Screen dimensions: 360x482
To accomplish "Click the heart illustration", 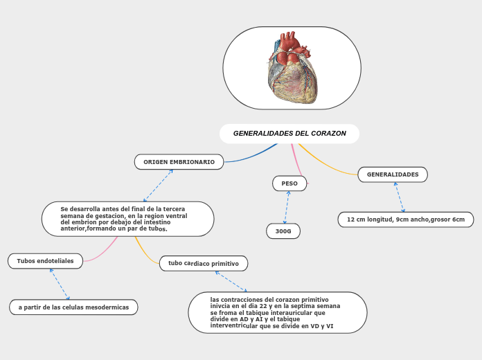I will point(292,69).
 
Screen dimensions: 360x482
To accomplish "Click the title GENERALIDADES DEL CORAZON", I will point(289,133).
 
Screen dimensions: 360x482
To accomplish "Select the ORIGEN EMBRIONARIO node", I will point(179,162).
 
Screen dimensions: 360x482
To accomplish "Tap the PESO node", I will point(289,183).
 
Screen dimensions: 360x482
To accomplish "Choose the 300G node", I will point(283,231).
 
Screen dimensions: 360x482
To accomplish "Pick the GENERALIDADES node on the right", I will point(393,174).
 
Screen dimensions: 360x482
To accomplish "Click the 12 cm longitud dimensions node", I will point(406,219).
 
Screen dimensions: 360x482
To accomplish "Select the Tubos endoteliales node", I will point(46,261).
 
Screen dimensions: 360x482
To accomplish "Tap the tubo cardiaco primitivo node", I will point(204,264).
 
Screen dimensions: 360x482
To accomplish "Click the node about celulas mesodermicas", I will point(73,307).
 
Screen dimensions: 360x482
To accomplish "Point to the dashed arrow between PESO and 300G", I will point(286,207).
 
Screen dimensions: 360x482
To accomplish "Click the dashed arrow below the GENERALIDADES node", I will point(400,197).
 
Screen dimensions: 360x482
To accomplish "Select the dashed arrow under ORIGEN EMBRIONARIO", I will point(158,185).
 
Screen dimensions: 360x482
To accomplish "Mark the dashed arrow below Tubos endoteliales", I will point(60,284).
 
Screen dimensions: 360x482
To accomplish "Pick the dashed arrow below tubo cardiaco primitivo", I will point(231,281).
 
